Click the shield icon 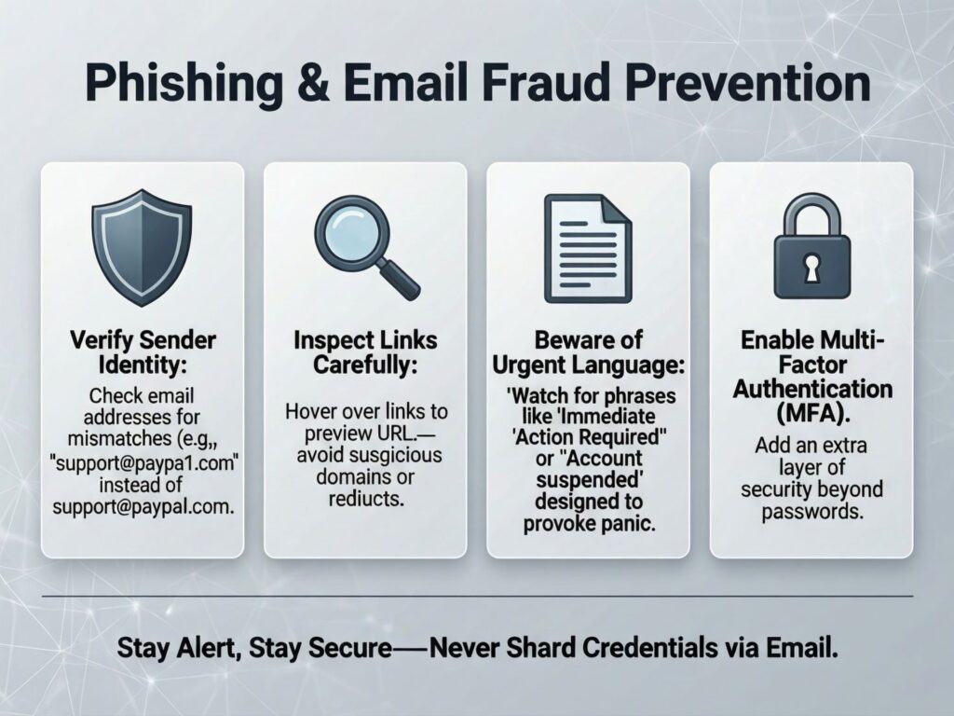tap(142, 247)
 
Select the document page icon tap(588, 248)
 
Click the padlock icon tap(811, 246)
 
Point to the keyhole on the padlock tap(811, 268)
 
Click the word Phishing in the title tap(184, 84)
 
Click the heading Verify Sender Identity tap(143, 351)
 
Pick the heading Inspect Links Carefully tap(365, 351)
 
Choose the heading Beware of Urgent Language tap(589, 351)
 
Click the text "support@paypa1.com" tap(143, 462)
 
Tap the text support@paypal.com tap(143, 506)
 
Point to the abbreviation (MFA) tap(812, 413)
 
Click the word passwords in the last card tap(812, 512)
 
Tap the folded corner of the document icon tap(617, 210)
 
